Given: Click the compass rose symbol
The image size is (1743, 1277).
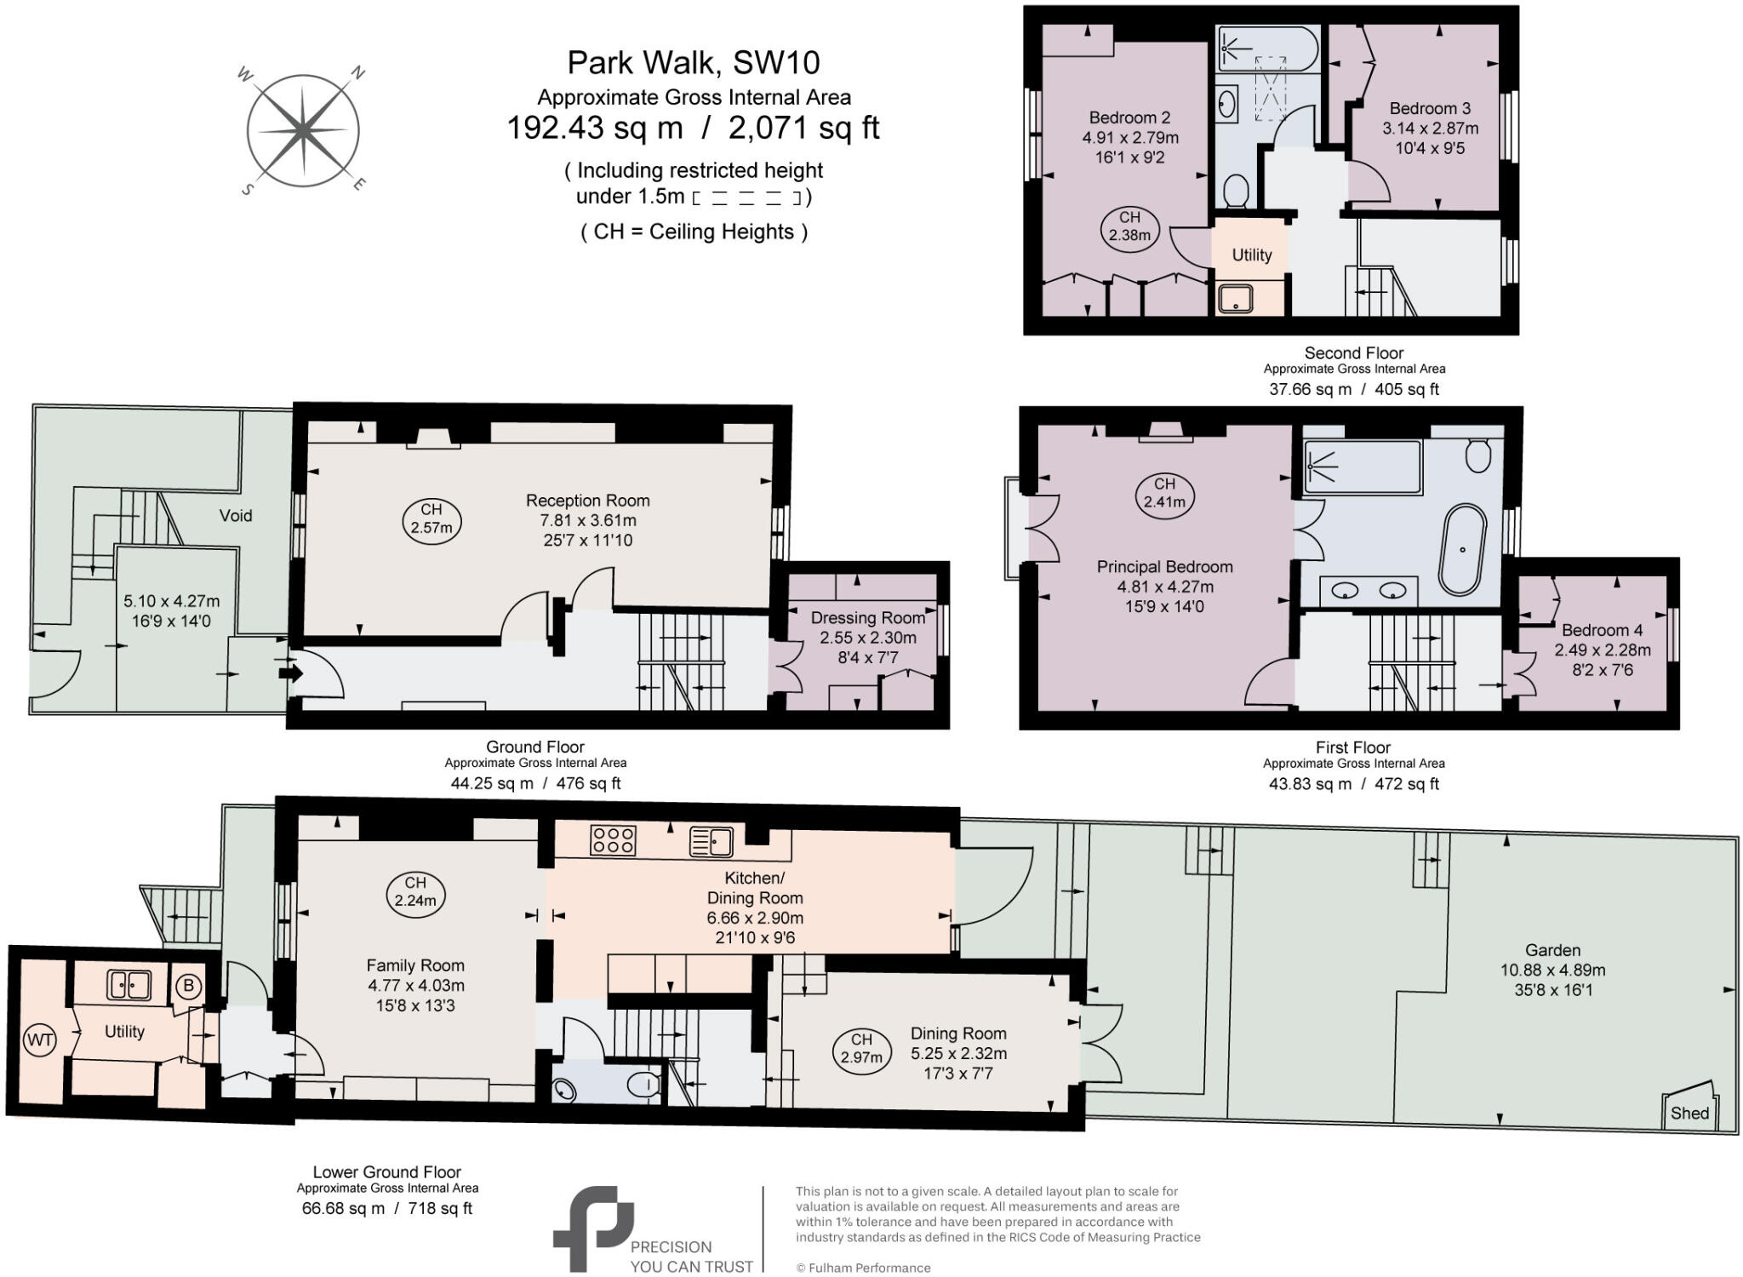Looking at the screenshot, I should point(302,131).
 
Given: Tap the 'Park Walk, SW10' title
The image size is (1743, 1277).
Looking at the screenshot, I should point(693,62).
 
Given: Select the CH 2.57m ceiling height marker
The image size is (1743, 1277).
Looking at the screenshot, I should point(431,518).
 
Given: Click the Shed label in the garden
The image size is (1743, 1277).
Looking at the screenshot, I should point(1689,1113).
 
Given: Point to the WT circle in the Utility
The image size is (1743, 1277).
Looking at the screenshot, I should point(39,1040).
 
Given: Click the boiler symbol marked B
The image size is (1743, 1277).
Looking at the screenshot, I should point(188,987).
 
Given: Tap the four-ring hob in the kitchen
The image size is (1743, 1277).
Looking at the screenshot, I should point(613,840).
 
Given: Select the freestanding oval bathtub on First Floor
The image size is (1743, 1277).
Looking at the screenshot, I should point(1462,549).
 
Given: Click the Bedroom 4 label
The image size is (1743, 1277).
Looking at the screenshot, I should point(1602,630).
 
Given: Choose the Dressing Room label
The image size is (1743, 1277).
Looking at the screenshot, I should point(867,617).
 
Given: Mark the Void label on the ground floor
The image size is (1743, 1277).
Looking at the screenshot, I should point(236,515).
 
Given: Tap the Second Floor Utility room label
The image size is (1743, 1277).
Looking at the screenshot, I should point(1252,255).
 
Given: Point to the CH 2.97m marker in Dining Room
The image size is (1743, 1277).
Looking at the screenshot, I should point(861,1048).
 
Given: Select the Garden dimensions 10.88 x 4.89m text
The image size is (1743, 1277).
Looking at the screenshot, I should point(1552,970).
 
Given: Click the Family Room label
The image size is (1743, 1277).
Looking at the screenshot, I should point(415,965).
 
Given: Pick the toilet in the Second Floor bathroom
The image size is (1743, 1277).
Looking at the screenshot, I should point(1235,191).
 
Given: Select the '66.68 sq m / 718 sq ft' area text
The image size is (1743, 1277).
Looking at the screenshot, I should point(387,1208).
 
